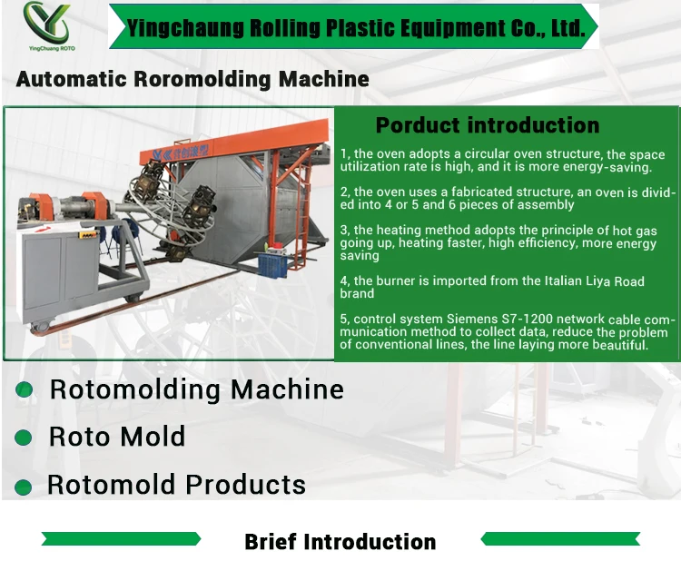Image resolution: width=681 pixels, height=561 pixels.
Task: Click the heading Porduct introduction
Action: point(488,126)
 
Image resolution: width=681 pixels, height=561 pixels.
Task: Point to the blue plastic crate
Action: point(272,264)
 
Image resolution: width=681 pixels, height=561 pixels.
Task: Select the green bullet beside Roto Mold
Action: point(25,438)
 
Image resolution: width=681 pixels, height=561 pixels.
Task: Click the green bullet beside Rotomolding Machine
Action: point(25,389)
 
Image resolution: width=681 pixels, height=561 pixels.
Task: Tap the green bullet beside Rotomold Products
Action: point(25,487)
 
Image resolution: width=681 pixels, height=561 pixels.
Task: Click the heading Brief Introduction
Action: point(340,542)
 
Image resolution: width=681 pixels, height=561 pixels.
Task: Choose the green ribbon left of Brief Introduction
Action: point(120,539)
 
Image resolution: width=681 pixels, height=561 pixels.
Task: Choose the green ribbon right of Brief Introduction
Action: point(559,539)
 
